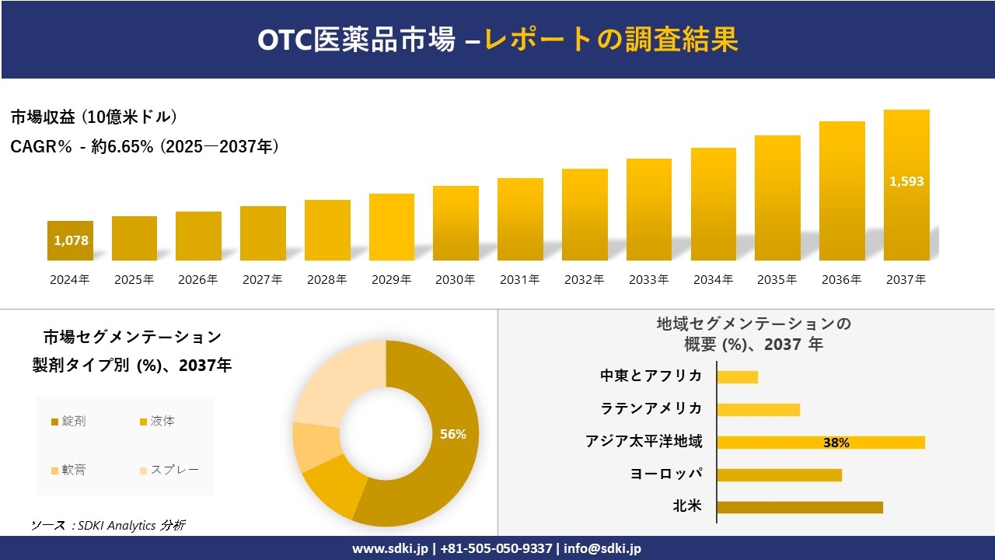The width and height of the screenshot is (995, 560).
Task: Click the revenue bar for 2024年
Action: (70, 241)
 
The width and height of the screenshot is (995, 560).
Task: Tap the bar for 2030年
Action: (456, 223)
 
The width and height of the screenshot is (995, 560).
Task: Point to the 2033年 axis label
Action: (648, 280)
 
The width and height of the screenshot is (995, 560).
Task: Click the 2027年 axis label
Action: (262, 280)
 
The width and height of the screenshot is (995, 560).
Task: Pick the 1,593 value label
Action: (906, 181)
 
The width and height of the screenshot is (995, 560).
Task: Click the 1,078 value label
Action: (71, 241)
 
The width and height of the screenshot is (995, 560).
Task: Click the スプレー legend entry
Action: (169, 470)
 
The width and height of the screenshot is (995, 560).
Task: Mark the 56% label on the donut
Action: (452, 434)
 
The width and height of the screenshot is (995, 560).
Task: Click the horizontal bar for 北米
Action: (800, 507)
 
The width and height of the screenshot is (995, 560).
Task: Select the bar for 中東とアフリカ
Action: (737, 376)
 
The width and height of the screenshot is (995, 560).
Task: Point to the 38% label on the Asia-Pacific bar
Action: (836, 443)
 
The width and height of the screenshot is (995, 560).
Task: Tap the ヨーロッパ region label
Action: (666, 474)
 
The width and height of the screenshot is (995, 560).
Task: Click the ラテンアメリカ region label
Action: (651, 408)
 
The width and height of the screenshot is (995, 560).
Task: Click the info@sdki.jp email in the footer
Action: (602, 548)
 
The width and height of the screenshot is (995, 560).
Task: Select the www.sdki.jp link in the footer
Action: (390, 548)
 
